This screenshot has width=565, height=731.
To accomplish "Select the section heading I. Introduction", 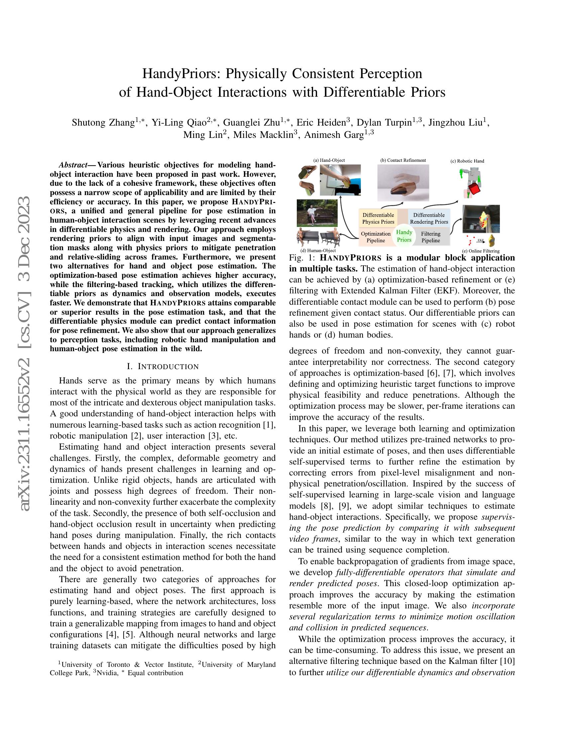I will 163,366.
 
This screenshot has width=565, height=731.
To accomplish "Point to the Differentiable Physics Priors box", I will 379,218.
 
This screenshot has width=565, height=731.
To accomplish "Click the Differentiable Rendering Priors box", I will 429,218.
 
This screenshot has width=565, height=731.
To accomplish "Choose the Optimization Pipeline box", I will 376,237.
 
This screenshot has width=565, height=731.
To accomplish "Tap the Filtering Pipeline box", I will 431,237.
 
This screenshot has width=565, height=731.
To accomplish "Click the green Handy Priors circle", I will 404,236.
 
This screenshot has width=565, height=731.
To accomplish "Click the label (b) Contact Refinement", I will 403,160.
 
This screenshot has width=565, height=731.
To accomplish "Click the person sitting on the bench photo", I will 317,213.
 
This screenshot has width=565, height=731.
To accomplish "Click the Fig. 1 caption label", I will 302,258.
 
